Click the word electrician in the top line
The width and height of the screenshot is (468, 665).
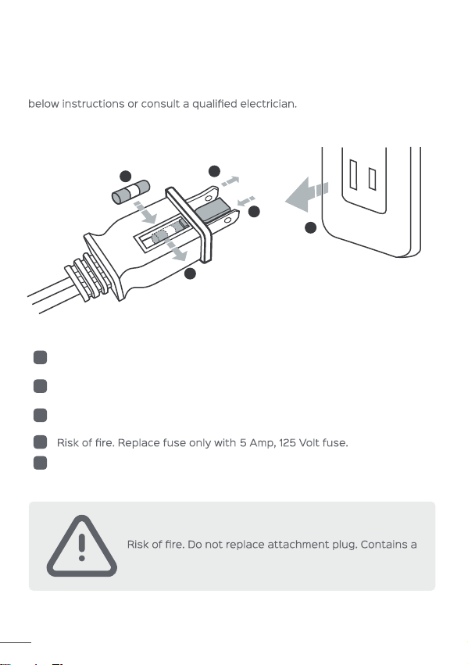(268, 104)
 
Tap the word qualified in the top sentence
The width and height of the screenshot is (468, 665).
(215, 105)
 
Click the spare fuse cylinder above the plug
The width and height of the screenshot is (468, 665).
(130, 191)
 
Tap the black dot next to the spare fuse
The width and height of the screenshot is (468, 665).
(126, 176)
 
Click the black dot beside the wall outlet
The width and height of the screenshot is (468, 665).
(311, 227)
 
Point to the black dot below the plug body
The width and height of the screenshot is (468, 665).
(191, 274)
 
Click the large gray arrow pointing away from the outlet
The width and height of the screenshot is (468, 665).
(306, 195)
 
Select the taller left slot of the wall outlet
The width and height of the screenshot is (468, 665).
(353, 175)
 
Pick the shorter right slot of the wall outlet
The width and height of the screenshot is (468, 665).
(372, 179)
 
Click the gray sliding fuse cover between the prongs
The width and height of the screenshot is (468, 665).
(216, 212)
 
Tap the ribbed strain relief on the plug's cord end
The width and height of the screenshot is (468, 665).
(88, 277)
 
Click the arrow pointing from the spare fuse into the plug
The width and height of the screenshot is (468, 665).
(145, 213)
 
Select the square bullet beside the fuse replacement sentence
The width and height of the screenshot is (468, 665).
(41, 442)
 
